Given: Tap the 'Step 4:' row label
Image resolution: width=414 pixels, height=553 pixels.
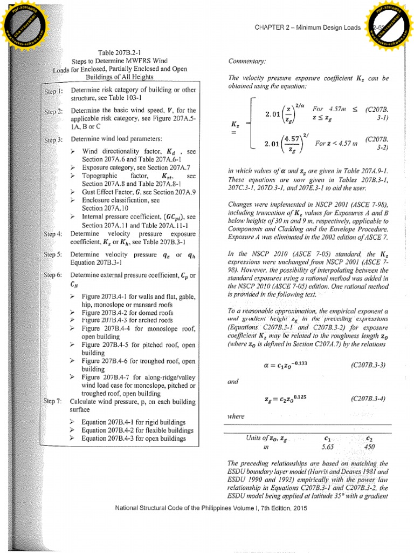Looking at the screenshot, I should pyautogui.click(x=53, y=234).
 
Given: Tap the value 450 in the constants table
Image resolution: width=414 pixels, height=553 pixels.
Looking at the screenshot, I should pyautogui.click(x=369, y=447).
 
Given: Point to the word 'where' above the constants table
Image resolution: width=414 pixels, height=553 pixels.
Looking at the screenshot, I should pyautogui.click(x=237, y=416).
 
